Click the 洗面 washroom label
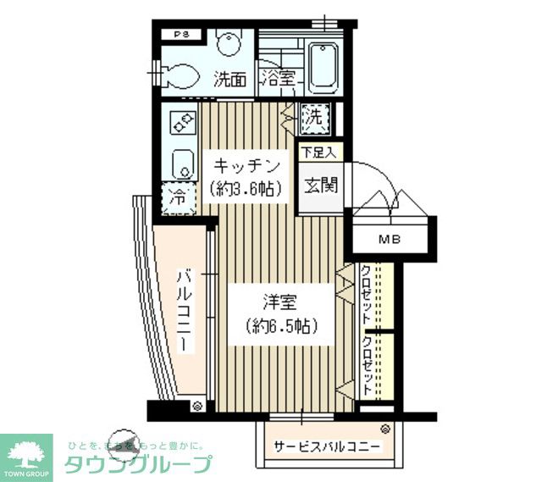pyautogui.click(x=230, y=80)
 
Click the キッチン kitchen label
pyautogui.click(x=246, y=164)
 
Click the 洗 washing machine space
pyautogui.click(x=314, y=118)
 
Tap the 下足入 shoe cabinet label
pyautogui.click(x=320, y=153)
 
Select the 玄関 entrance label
pyautogui.click(x=320, y=184)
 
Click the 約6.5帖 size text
pyautogui.click(x=279, y=325)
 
